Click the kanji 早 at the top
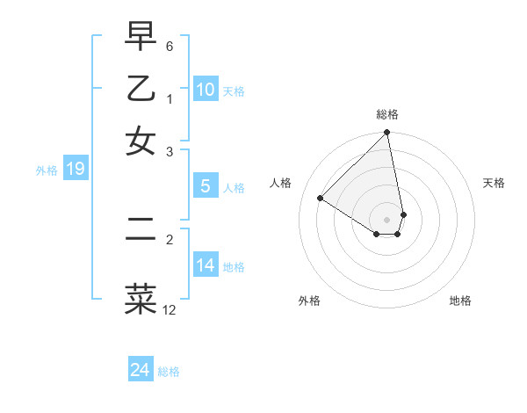(x=141, y=36)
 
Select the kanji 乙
(x=141, y=89)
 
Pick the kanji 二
(x=141, y=229)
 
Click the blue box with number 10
(x=206, y=90)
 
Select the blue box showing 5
(x=206, y=186)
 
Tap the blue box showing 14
(x=206, y=264)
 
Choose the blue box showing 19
(x=76, y=169)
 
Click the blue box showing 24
(x=141, y=371)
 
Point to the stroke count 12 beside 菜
(x=170, y=309)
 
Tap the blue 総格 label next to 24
(x=169, y=372)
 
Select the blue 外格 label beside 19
(x=47, y=170)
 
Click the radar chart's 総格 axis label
(x=387, y=114)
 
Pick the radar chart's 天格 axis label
(x=494, y=183)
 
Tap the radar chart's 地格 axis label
(x=460, y=301)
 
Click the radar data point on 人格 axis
(x=321, y=199)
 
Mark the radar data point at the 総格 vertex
(x=386, y=134)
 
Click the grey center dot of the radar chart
(x=386, y=219)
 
